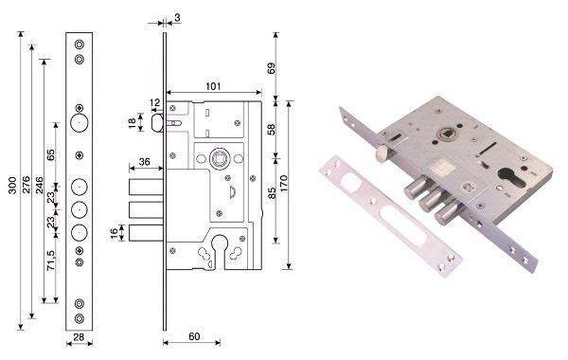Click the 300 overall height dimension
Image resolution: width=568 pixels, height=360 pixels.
point(13,185)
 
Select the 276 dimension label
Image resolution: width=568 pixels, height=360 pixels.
point(27,184)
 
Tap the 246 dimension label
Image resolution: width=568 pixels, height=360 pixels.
point(39,185)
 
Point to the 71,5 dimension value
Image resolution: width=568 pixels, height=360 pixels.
point(51,260)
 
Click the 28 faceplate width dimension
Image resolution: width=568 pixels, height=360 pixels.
point(79,337)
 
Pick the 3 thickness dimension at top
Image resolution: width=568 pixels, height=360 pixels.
point(177,17)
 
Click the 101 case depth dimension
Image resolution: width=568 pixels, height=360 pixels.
point(213,86)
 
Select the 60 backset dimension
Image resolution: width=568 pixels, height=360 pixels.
point(194,336)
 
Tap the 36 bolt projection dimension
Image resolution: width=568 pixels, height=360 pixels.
point(144,161)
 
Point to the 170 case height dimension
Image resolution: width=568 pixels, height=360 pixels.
point(284,184)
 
